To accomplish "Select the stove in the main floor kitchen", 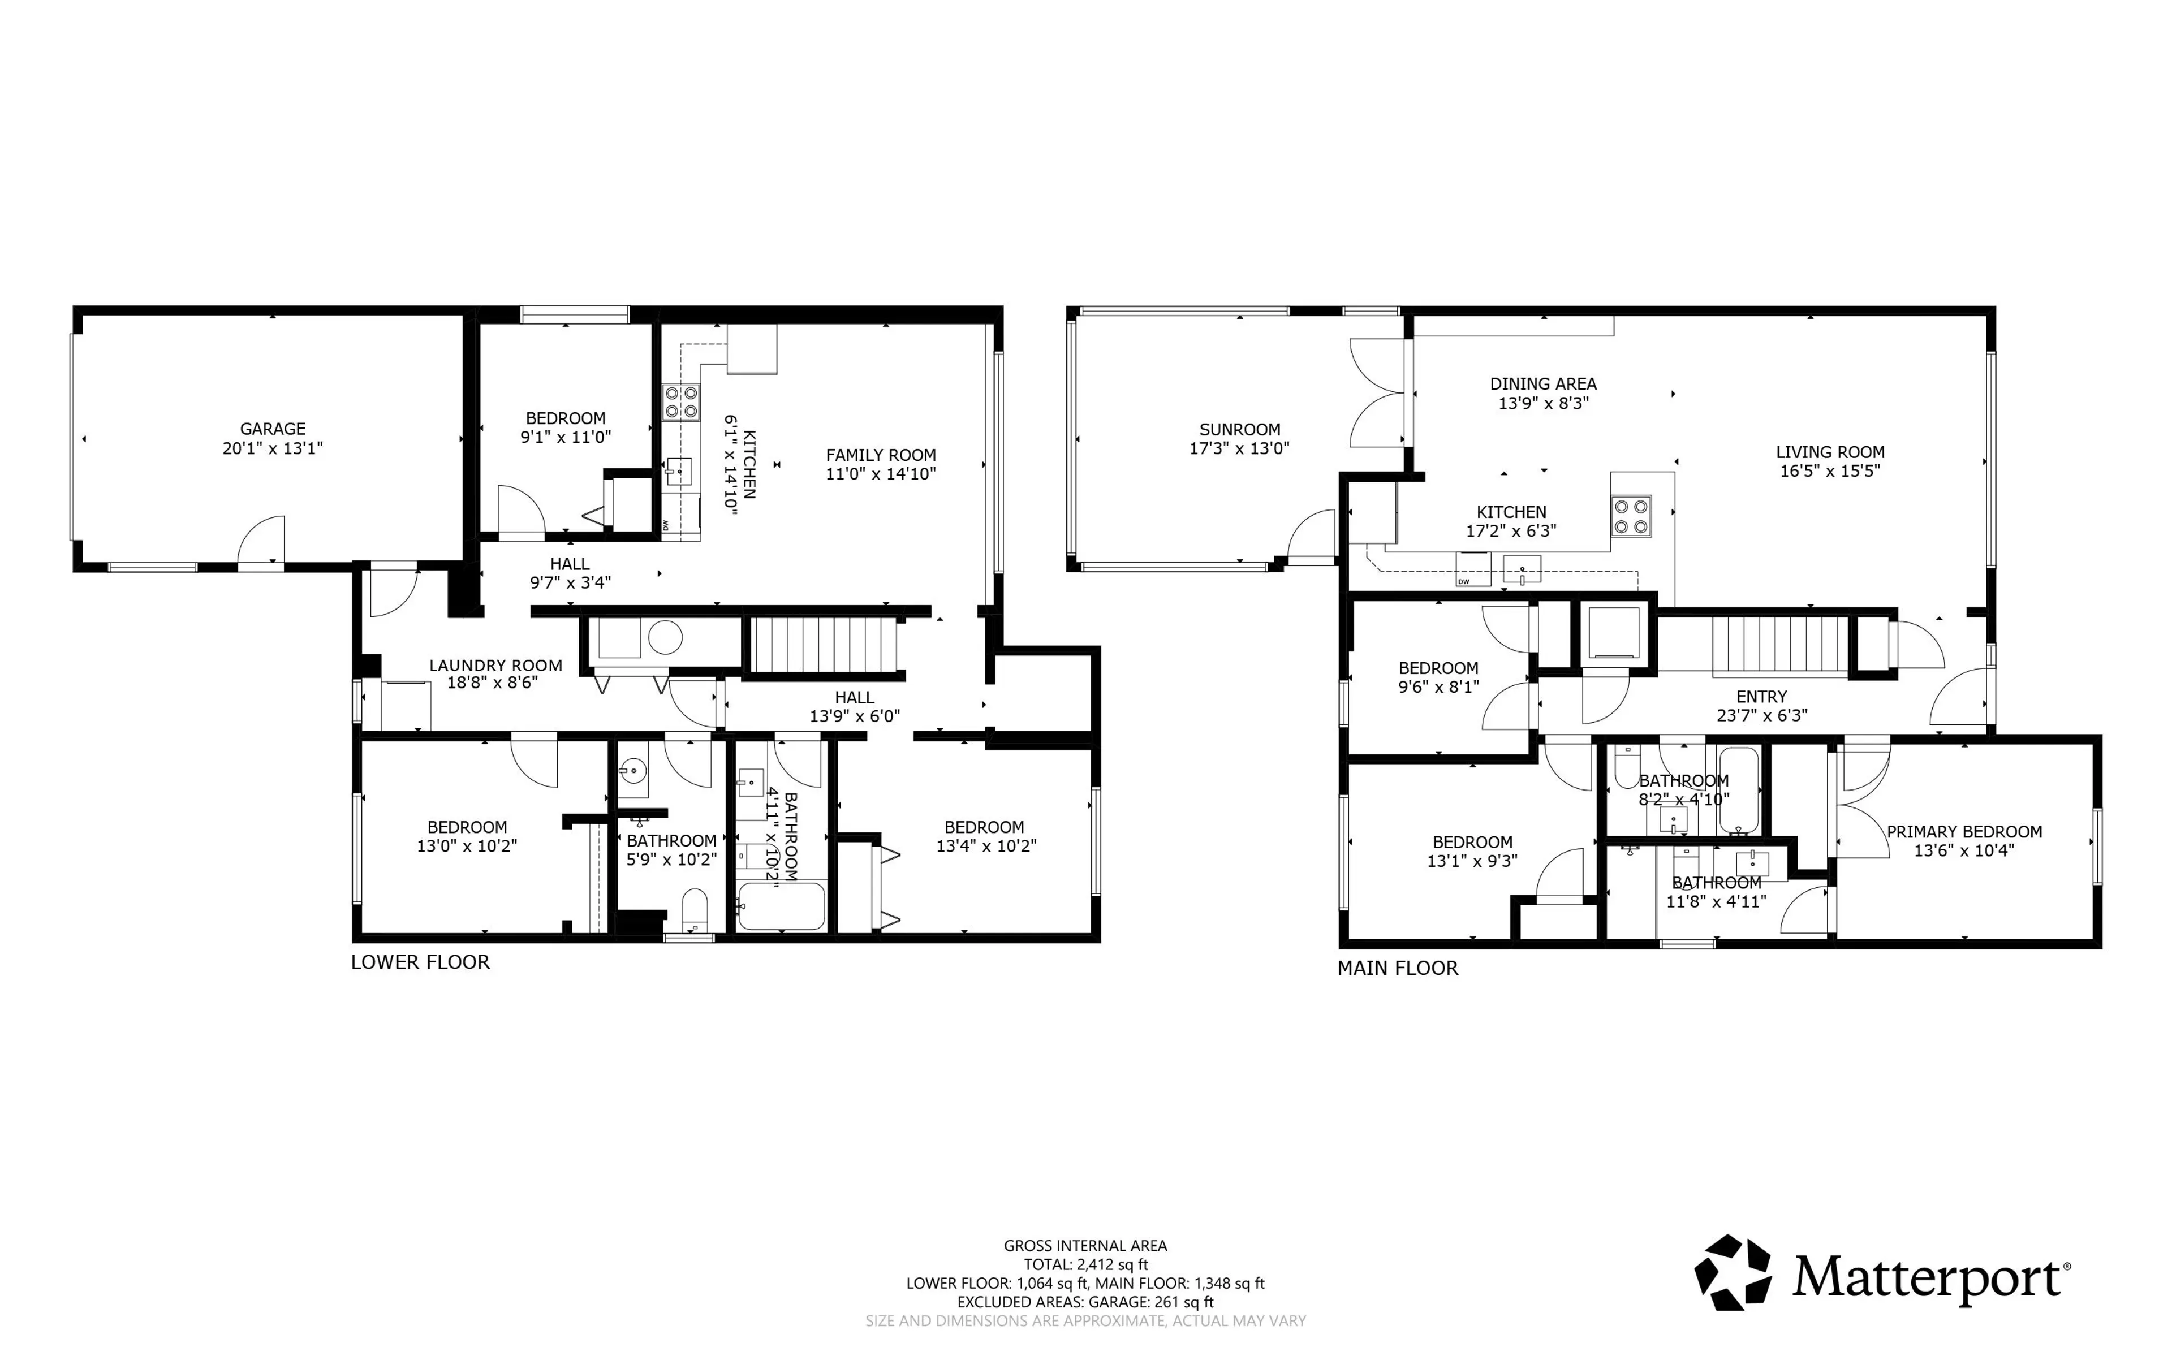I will coord(1630,516).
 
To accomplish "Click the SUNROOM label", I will coord(1239,430).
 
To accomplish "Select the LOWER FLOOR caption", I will coord(420,962).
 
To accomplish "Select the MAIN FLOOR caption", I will coord(1397,969).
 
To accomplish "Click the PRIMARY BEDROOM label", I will coord(1964,831).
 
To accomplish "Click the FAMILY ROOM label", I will coord(881,455).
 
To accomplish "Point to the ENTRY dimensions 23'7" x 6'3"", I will coord(1761,716).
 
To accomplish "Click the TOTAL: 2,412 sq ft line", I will coord(1085,1264).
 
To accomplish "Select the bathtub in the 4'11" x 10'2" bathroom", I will coord(780,906).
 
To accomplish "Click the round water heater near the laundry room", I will coord(665,638).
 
